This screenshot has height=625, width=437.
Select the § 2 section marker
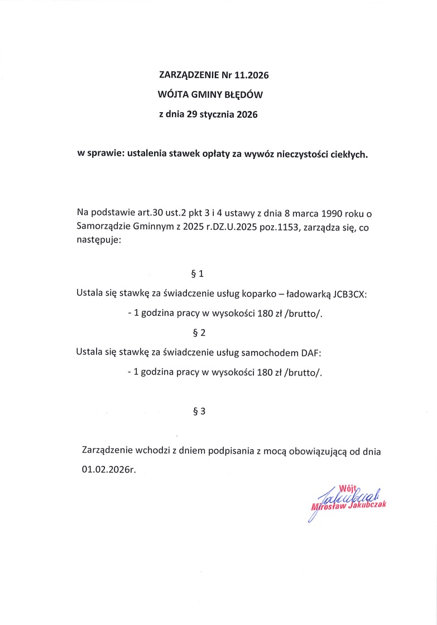tap(199, 333)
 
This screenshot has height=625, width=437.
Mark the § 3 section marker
tap(199, 412)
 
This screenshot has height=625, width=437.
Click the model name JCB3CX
tap(350, 294)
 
